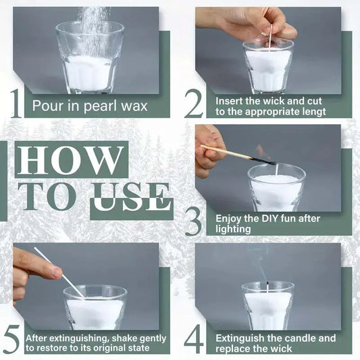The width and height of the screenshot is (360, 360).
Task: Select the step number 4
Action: pyautogui.click(x=194, y=338)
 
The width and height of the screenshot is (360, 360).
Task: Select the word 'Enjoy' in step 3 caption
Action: pyautogui.click(x=230, y=219)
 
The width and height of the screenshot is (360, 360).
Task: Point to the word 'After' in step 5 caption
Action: pyautogui.click(x=38, y=337)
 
